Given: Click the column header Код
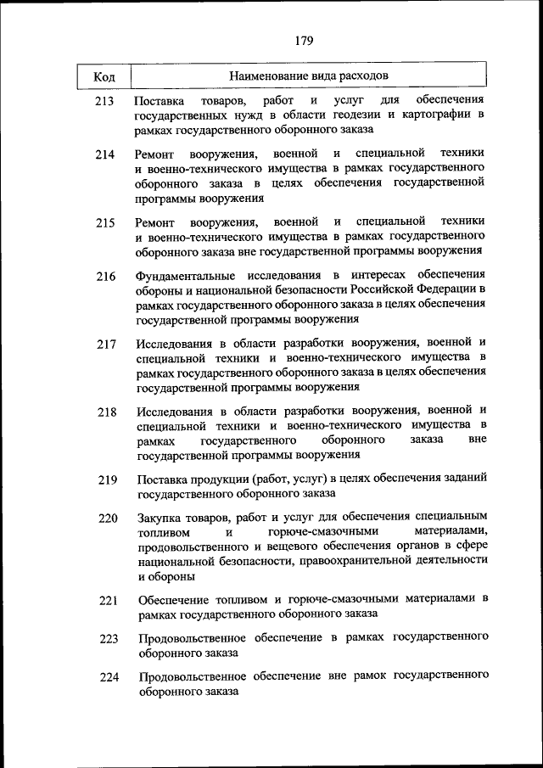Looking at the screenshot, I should pos(104,77).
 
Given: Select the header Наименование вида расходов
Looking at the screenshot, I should pos(310,76).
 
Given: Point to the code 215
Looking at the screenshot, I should pos(105,223).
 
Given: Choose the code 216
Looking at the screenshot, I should pos(105,277).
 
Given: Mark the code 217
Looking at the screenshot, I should pos(106,345).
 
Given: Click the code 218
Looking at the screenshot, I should pos(106,412).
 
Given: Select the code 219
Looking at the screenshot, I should pos(107,480).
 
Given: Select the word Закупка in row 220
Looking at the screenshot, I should pos(159,517).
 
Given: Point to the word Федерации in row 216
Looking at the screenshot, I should pos(450,290).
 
